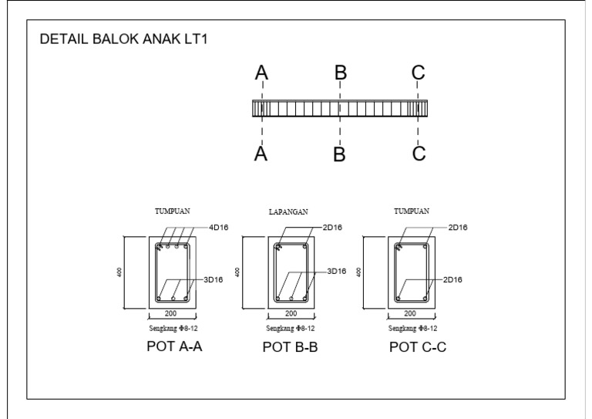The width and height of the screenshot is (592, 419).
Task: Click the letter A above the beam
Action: point(262,73)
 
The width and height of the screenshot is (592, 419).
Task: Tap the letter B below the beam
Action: point(339,154)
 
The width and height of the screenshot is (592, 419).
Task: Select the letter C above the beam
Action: point(419,73)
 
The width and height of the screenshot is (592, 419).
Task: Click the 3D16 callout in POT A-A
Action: point(213,279)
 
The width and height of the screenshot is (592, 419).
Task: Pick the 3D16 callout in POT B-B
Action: point(336,271)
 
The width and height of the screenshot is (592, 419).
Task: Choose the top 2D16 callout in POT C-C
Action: point(457,228)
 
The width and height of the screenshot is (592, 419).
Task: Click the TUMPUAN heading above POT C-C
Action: point(412,210)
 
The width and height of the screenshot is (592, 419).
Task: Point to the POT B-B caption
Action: point(291,347)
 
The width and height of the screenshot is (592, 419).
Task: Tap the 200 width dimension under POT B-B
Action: point(291,313)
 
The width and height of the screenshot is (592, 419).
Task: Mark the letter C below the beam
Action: point(419,154)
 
